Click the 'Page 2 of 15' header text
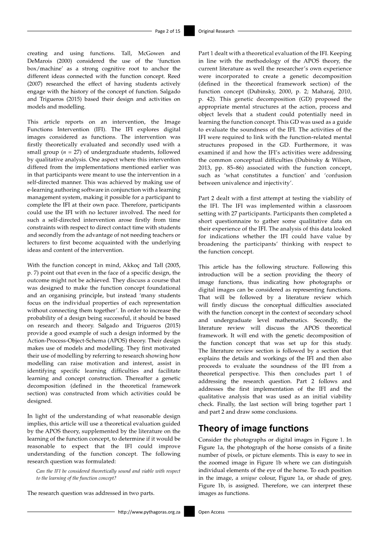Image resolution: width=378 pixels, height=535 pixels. point(168,31)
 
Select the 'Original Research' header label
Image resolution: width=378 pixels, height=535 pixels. point(216,31)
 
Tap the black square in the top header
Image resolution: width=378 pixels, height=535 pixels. point(189,31)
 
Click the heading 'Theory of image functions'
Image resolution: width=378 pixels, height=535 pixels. point(253,428)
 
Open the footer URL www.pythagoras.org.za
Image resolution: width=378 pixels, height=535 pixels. point(149,512)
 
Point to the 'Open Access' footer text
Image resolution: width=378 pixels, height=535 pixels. point(211,512)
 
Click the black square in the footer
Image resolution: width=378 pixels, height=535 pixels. point(189,512)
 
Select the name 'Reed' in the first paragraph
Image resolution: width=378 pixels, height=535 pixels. point(173,76)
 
